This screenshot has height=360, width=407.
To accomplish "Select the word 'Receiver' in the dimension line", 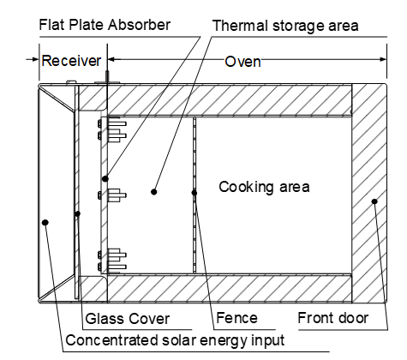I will (71, 61).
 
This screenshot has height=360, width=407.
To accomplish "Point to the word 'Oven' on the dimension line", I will (242, 62).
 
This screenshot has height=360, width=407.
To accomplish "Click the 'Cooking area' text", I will (264, 186).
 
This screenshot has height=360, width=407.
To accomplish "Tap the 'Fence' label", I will (236, 319).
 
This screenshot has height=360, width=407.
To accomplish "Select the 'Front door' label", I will (333, 319).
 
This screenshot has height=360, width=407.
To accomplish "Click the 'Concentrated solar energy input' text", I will (175, 339).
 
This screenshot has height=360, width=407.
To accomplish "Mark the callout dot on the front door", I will (374, 201).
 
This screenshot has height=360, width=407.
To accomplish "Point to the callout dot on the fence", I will (195, 192).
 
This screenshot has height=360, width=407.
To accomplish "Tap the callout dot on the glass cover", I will (78, 213).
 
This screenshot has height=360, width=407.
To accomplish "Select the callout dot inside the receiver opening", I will (45, 222).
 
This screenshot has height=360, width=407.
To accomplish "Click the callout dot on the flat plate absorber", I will (105, 179).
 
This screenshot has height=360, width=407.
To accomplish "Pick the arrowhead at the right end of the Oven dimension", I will (383, 59).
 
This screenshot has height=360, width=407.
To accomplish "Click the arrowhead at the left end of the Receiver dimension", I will (36, 59).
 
